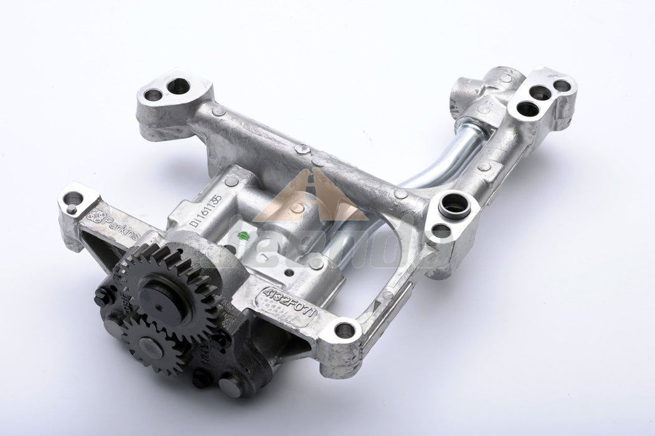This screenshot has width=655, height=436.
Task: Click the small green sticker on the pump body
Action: (x=244, y=236)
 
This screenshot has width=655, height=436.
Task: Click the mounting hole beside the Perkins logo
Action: (x=73, y=201)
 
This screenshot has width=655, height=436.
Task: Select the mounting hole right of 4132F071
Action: (x=344, y=330)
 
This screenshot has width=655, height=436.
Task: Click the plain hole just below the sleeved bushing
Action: (x=441, y=230)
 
